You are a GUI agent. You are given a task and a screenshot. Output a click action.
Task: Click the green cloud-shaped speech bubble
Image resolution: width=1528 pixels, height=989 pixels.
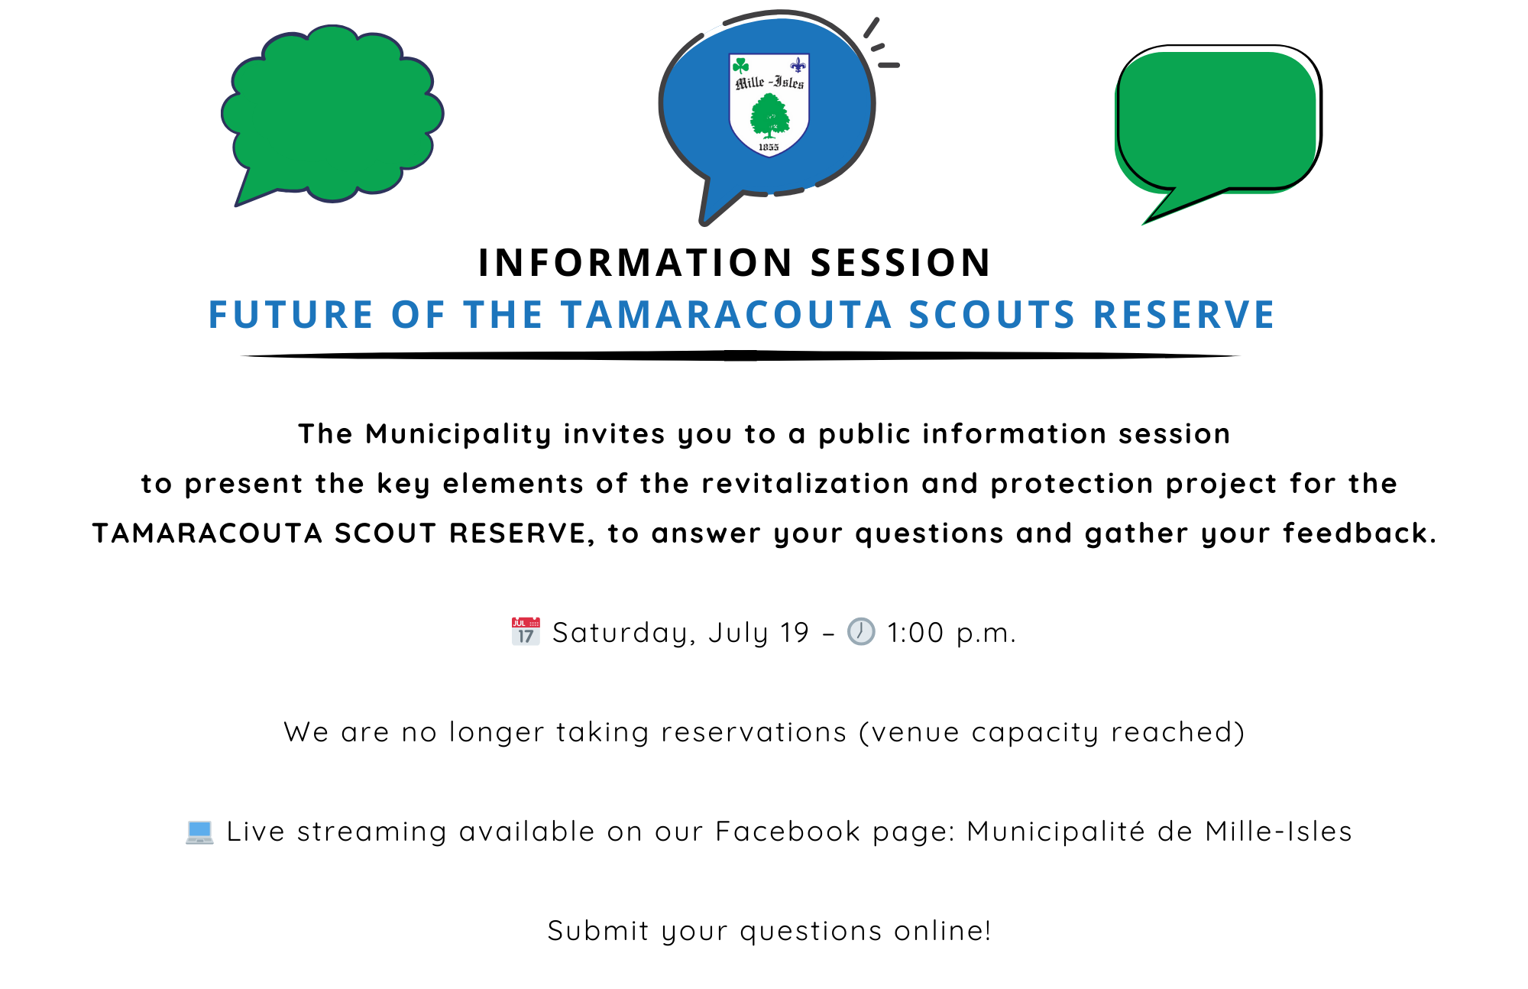click(332, 115)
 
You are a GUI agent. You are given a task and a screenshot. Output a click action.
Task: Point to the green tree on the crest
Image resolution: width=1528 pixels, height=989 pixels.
click(769, 116)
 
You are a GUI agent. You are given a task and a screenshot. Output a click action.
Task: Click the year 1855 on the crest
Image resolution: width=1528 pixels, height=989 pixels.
click(769, 147)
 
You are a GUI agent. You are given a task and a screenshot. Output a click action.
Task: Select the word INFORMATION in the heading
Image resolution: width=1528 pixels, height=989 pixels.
click(636, 263)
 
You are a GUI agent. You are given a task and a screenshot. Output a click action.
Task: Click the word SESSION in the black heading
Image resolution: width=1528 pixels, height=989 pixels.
click(901, 263)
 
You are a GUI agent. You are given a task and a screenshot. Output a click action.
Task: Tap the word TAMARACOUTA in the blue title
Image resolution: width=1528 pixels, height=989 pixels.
click(727, 315)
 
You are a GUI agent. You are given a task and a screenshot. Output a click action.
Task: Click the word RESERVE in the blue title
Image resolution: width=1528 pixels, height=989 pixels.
click(1184, 315)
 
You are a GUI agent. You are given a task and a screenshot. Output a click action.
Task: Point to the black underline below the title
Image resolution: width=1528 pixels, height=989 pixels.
click(740, 355)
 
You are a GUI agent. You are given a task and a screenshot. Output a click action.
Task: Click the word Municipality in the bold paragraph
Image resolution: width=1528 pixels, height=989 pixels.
click(458, 434)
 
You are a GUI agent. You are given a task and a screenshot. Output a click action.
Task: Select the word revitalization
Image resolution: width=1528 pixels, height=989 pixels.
click(805, 484)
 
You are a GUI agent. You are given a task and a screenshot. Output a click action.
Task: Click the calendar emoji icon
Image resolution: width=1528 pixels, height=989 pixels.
click(526, 631)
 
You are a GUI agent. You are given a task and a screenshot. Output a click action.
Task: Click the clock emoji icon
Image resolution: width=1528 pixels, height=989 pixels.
click(861, 631)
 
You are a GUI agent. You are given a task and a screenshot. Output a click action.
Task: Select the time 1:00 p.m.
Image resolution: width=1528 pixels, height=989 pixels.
click(951, 633)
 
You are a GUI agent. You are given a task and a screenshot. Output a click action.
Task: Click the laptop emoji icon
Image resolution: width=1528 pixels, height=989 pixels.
click(199, 832)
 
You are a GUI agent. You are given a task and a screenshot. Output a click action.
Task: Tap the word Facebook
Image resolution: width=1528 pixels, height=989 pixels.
click(788, 832)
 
